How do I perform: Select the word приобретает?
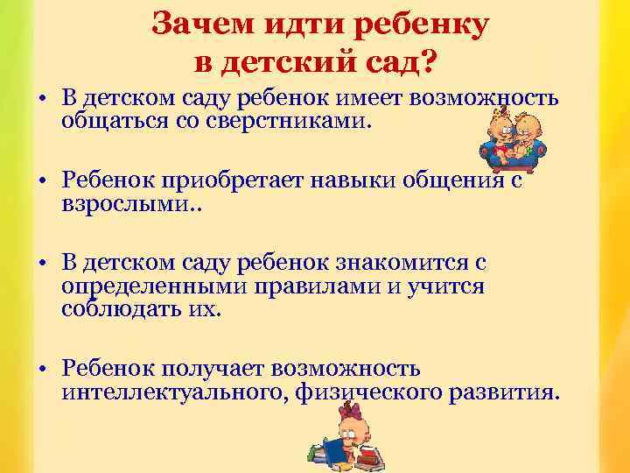[231, 180]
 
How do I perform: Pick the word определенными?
[144, 286]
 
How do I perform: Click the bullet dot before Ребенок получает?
[41, 371]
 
